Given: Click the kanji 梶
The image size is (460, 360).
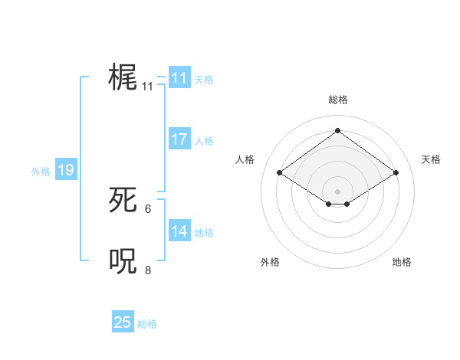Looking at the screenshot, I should (123, 77).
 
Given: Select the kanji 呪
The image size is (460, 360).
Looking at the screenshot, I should (123, 260).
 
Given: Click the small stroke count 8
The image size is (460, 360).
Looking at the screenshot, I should (148, 269).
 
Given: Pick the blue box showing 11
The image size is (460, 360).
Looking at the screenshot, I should (179, 78).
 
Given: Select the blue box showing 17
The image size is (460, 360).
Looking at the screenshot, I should (179, 139).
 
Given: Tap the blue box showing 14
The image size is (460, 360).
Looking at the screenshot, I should (179, 231).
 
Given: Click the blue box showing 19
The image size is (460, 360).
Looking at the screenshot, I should (66, 170).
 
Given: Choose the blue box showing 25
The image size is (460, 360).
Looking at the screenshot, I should (123, 322).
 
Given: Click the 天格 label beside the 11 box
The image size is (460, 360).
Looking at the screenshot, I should (204, 79).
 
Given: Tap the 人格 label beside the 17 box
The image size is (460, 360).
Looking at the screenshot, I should (204, 140).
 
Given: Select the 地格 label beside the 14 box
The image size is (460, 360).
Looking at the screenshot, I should (204, 232).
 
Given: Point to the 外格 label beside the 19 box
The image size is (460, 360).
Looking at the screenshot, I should (41, 172).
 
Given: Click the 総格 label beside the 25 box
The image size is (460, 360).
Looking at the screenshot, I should (147, 324).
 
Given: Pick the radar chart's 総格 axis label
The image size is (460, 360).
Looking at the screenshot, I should (337, 100).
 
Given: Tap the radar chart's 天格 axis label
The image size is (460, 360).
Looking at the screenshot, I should (431, 159).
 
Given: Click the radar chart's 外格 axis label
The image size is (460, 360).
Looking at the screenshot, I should (270, 262).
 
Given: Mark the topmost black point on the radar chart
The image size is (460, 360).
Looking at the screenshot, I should (337, 130).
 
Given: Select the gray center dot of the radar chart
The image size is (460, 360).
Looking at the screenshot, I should (337, 191).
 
